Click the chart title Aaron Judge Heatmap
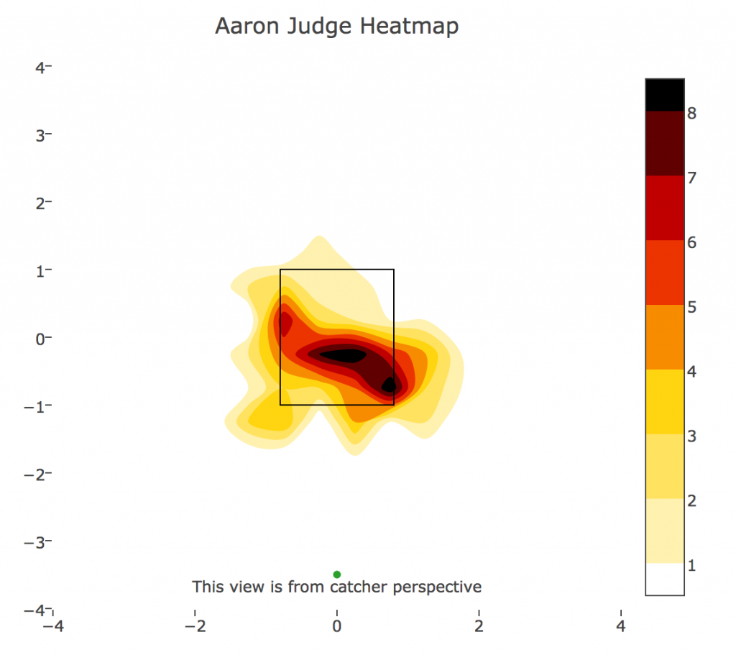pyautogui.click(x=336, y=27)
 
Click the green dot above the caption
pyautogui.click(x=336, y=574)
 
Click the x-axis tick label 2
pyautogui.click(x=479, y=626)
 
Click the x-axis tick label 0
pyautogui.click(x=336, y=626)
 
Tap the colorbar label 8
pyautogui.click(x=691, y=113)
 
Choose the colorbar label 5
pyautogui.click(x=691, y=307)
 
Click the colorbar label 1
pyautogui.click(x=691, y=566)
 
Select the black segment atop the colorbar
pyautogui.click(x=665, y=94)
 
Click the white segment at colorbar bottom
pyautogui.click(x=665, y=579)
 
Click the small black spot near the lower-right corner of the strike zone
pyautogui.click(x=389, y=385)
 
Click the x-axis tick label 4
pyautogui.click(x=620, y=626)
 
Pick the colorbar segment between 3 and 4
pyautogui.click(x=665, y=402)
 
